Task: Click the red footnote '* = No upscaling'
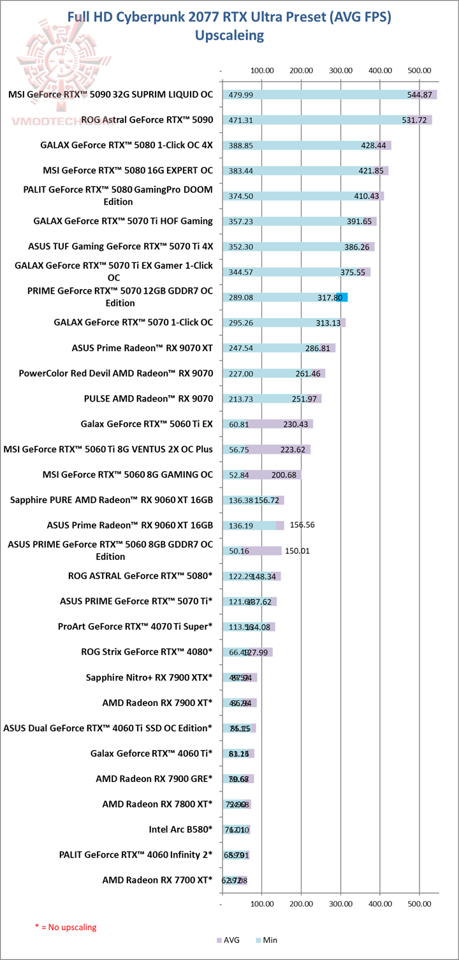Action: click(66, 927)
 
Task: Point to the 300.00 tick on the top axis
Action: click(341, 70)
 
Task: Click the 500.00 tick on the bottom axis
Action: click(419, 904)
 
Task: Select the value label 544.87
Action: click(420, 94)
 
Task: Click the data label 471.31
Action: click(240, 120)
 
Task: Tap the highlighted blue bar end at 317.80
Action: click(342, 297)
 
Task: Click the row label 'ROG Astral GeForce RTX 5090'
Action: click(147, 119)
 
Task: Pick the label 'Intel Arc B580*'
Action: click(180, 830)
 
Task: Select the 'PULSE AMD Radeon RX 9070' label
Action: click(149, 398)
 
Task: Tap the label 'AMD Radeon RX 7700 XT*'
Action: click(157, 881)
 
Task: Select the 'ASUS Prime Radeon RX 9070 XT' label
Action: click(142, 348)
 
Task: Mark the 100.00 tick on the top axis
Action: click(262, 70)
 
